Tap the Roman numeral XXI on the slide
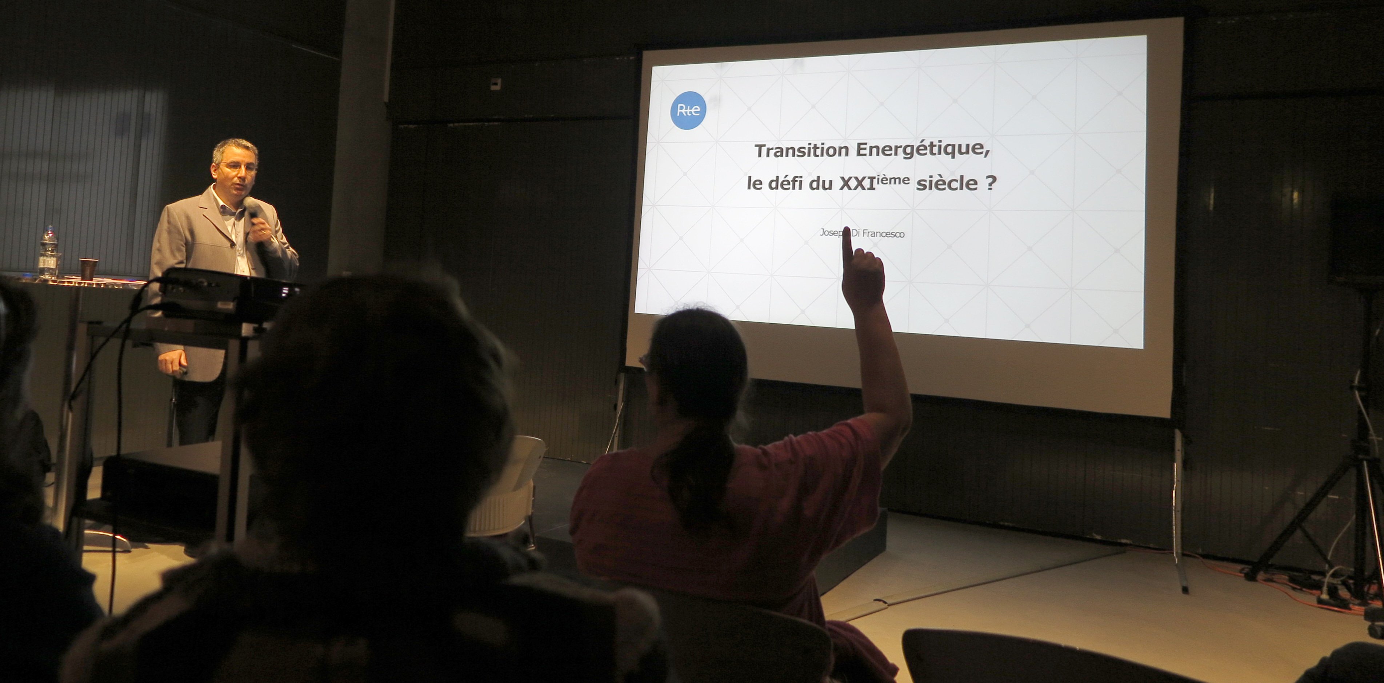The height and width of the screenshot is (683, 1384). (x=857, y=184)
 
